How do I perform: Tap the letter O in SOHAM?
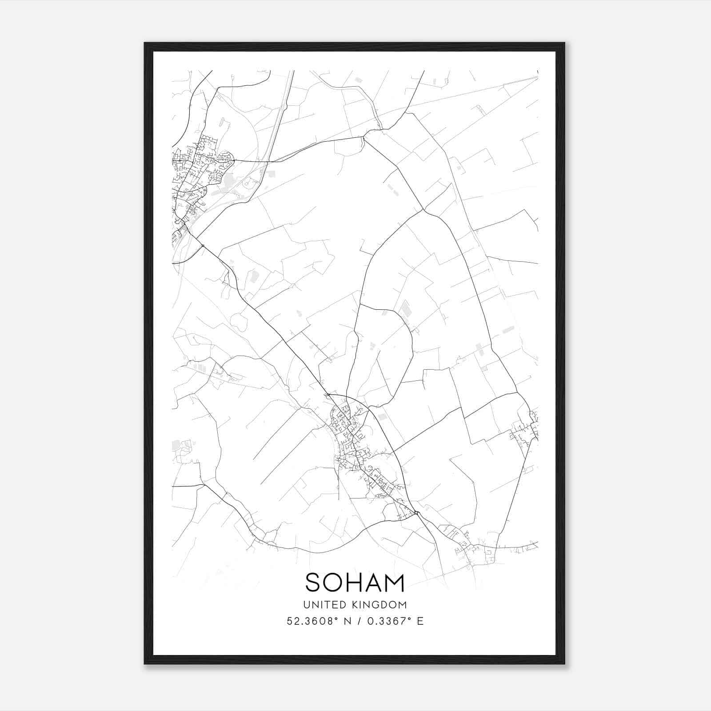336,583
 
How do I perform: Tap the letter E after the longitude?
420,621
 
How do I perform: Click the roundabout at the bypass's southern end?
416,514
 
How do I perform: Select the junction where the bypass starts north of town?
328,394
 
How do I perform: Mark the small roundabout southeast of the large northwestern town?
203,246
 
